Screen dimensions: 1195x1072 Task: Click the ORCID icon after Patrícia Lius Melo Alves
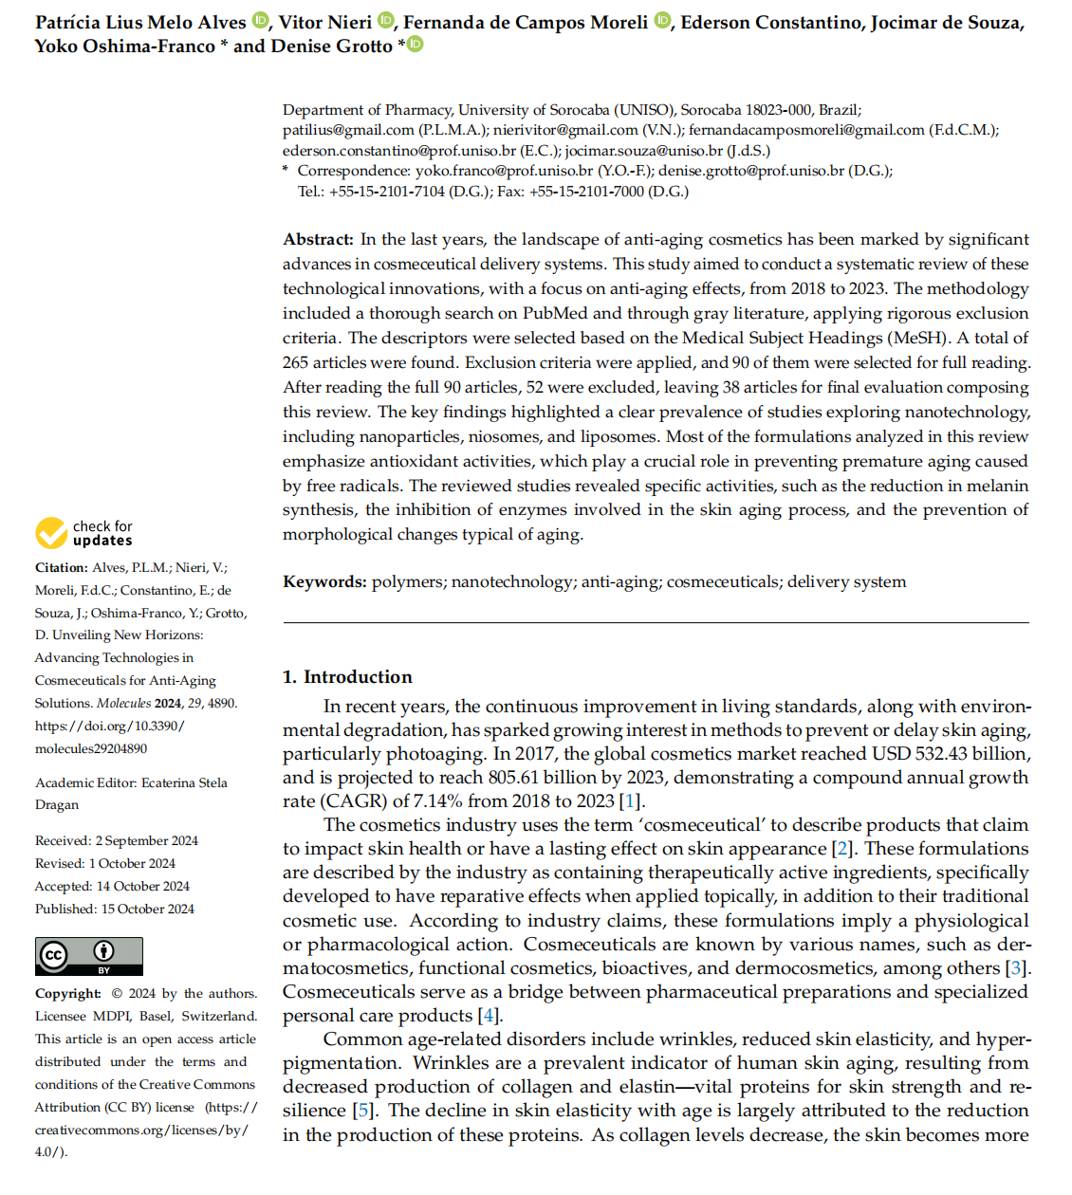pos(261,21)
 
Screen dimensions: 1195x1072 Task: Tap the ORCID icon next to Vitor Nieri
pos(386,21)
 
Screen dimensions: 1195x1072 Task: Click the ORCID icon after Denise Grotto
pos(416,45)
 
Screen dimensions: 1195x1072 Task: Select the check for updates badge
pos(84,533)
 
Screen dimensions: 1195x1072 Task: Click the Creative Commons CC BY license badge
pos(89,956)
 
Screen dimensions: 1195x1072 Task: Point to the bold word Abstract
pos(318,240)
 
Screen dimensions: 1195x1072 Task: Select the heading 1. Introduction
pos(347,677)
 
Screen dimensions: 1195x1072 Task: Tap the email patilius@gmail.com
pos(348,130)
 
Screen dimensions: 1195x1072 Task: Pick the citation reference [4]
pos(490,1016)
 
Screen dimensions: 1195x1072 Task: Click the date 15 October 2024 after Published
pos(148,910)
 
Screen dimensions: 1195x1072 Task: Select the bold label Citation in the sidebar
pos(62,568)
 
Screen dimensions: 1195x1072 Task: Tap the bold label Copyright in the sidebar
pos(68,994)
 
